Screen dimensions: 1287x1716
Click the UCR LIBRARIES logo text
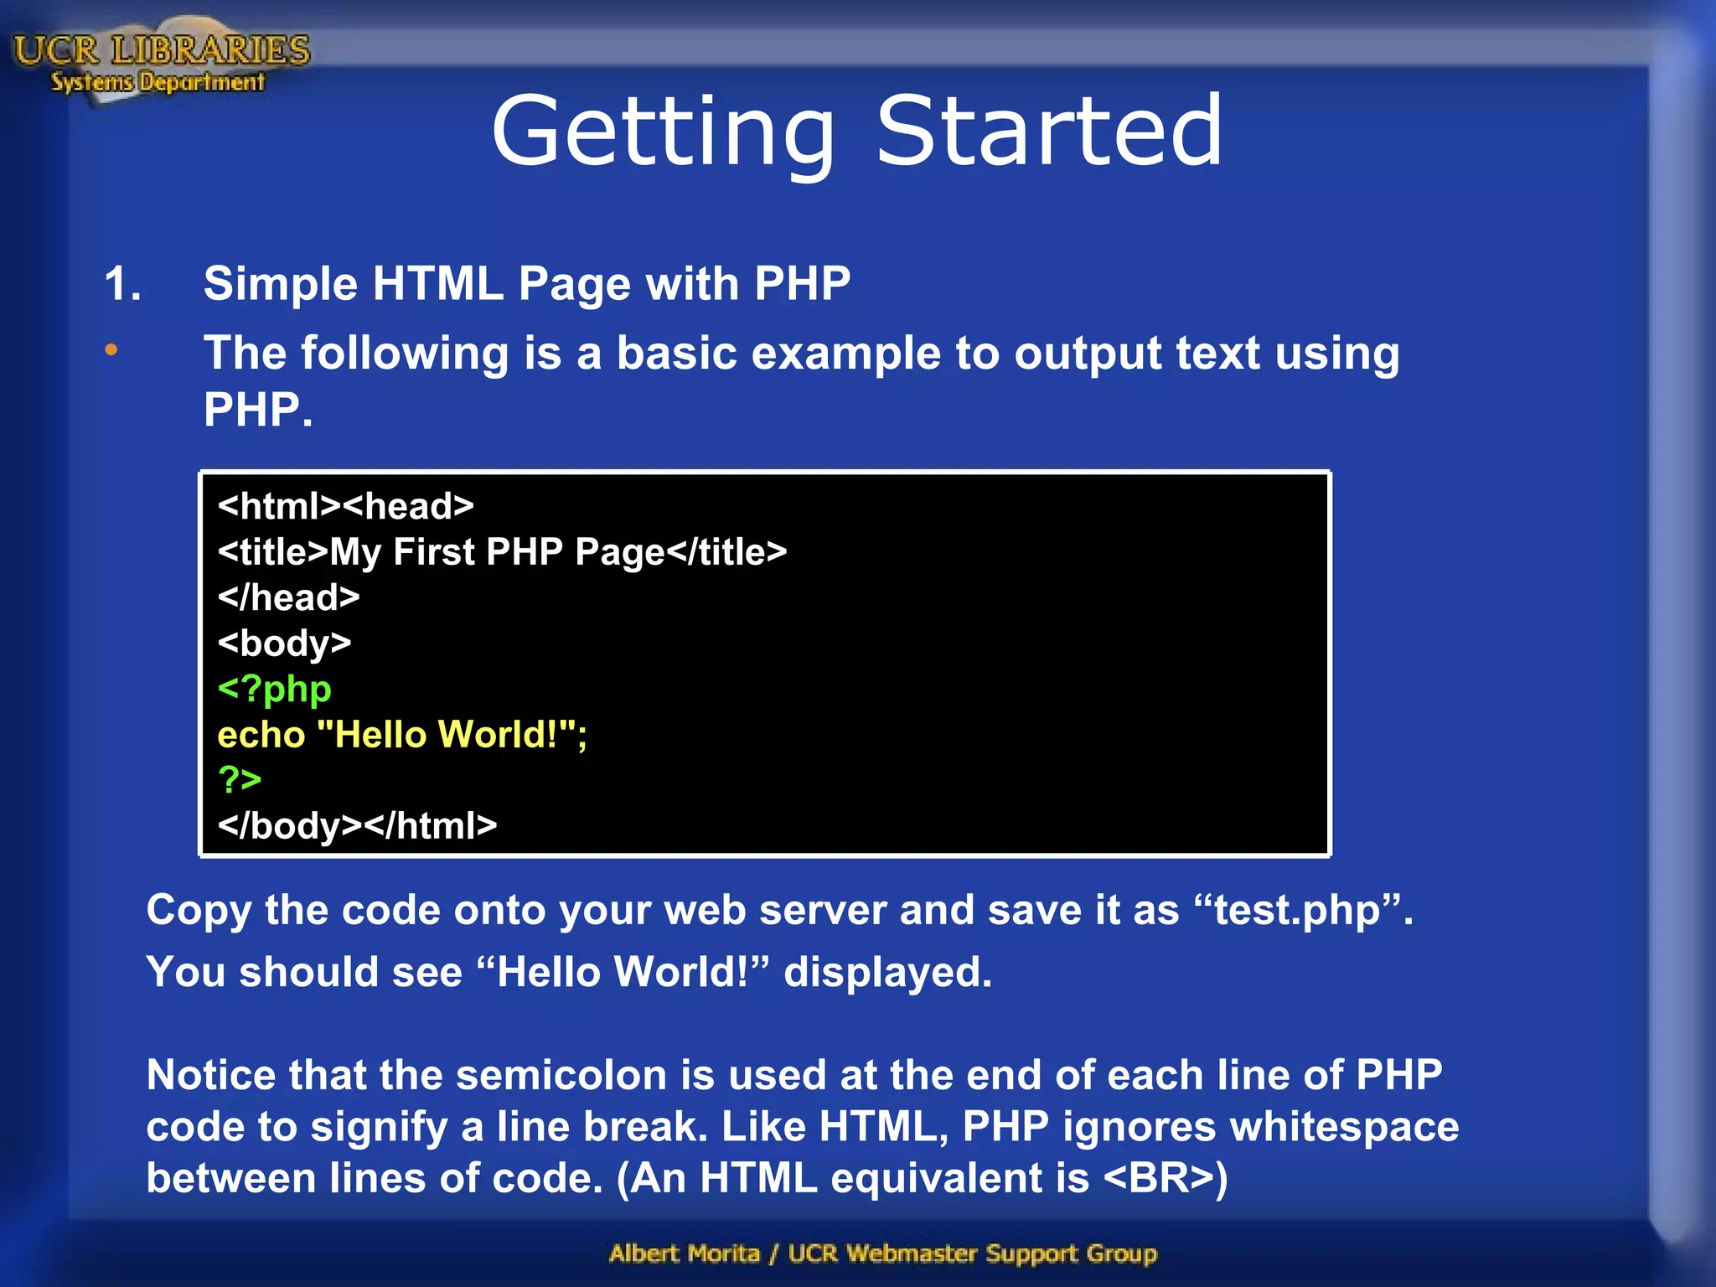point(162,50)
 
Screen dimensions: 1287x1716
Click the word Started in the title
point(1049,132)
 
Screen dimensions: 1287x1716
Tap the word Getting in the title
point(663,134)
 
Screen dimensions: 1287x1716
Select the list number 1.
point(122,283)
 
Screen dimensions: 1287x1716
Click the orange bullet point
point(111,350)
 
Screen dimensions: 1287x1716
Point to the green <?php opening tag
point(274,689)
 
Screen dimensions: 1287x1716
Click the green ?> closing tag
point(240,780)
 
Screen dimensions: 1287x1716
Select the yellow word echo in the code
point(261,735)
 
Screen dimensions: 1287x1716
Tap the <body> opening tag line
point(284,643)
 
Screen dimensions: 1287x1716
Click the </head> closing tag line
point(288,597)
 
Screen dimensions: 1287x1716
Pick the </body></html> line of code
point(357,826)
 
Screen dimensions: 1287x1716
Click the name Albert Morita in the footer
point(684,1253)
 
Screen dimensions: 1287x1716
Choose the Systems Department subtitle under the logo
point(158,82)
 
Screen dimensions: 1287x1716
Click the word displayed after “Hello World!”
point(887,973)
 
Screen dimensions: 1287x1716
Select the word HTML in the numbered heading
point(437,283)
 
